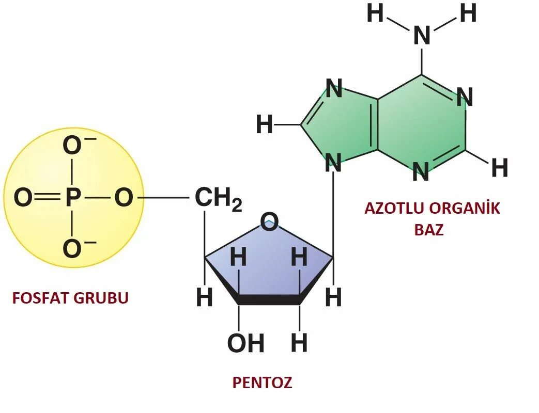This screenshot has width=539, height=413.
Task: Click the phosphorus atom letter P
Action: [x=73, y=198]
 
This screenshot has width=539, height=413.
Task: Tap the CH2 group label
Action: [x=217, y=199]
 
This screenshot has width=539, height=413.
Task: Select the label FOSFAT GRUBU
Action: [x=70, y=298]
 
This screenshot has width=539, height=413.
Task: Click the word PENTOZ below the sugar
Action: [x=262, y=383]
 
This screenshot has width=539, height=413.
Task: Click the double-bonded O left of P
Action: [x=22, y=198]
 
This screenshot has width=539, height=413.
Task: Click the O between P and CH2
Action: [x=123, y=198]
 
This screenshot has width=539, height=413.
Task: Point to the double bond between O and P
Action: [x=48, y=198]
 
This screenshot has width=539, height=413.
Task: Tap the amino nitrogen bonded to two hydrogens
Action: [x=422, y=36]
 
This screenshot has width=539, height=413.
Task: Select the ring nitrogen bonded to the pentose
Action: [x=333, y=164]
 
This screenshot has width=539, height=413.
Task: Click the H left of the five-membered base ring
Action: [x=264, y=125]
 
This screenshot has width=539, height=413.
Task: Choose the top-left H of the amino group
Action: [x=375, y=14]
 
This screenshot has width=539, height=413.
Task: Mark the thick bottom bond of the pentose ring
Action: [x=269, y=299]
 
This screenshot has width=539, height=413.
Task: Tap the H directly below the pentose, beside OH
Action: [x=299, y=343]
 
